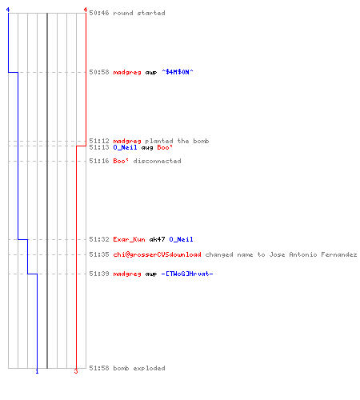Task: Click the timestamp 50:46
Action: (99, 13)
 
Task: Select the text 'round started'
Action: (139, 13)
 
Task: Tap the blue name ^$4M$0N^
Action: (178, 72)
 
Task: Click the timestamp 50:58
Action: (99, 72)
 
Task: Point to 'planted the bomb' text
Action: (177, 141)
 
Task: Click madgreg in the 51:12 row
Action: (127, 141)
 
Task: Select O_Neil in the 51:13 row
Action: (125, 147)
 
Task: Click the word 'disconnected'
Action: (157, 161)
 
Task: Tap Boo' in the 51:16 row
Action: (121, 161)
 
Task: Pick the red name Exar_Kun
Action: (129, 239)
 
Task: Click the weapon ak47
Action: (157, 239)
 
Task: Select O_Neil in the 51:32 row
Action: (181, 239)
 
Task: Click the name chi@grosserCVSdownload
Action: (157, 254)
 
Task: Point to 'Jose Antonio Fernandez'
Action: (313, 254)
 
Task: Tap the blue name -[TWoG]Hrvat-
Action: (187, 274)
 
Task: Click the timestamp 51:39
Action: (99, 274)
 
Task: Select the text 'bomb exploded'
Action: (139, 368)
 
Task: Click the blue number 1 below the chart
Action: (37, 371)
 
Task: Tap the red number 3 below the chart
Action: (76, 371)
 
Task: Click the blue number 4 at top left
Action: (8, 10)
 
